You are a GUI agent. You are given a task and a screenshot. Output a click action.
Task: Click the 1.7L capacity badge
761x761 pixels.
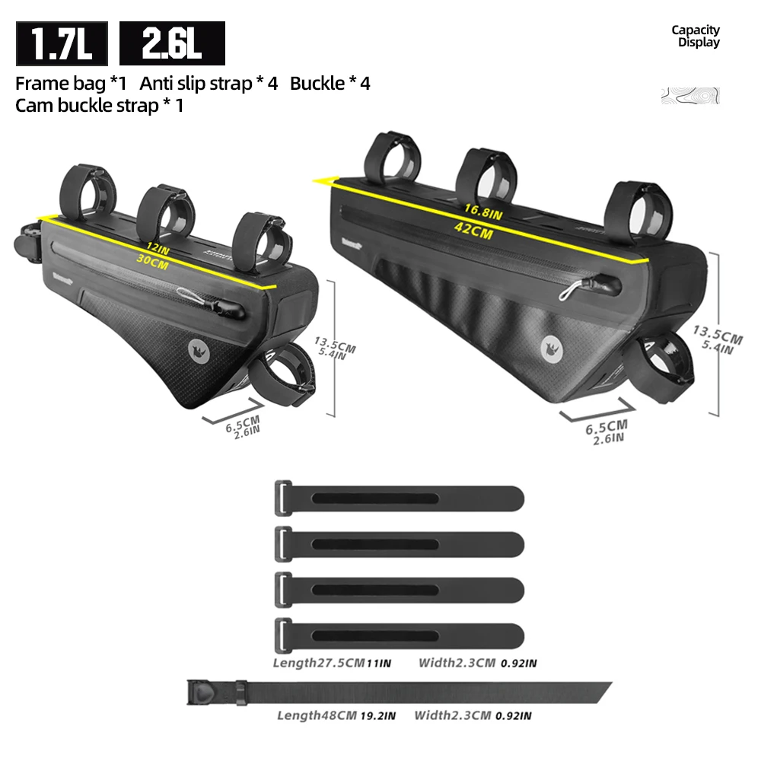click(x=62, y=43)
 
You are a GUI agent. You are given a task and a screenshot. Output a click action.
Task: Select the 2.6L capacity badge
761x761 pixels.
click(x=172, y=43)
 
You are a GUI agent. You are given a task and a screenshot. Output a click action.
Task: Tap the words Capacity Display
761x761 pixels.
click(x=696, y=36)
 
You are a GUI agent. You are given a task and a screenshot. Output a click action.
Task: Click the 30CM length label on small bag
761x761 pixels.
click(x=152, y=262)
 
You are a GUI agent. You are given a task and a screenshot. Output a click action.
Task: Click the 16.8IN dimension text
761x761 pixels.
click(x=483, y=212)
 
